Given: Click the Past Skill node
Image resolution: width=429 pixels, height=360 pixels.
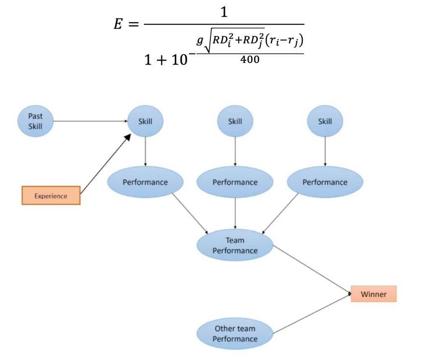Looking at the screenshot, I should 35,121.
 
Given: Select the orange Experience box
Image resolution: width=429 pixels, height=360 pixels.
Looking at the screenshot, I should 51,196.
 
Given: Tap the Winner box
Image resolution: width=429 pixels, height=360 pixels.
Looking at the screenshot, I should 373,294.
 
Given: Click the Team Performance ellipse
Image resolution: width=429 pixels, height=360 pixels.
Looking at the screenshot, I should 235,245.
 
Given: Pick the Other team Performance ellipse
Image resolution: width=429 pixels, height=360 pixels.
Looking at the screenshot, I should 235,334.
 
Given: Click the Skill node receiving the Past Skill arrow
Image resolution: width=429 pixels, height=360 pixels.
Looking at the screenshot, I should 145,121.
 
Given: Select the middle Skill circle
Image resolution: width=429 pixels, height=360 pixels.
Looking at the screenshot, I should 235,121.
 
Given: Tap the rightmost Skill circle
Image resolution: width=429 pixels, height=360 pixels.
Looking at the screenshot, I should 325,121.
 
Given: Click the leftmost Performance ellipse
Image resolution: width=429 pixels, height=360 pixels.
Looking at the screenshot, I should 145,182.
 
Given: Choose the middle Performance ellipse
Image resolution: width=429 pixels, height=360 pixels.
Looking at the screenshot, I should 235,182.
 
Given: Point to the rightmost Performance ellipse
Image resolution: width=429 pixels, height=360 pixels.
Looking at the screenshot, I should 325,182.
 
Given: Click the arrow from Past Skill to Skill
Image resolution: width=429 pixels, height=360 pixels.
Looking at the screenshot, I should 90,121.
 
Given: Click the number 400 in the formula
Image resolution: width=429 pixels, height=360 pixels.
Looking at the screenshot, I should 250,60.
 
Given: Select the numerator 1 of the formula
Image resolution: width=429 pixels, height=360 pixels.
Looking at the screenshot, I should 224,13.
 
